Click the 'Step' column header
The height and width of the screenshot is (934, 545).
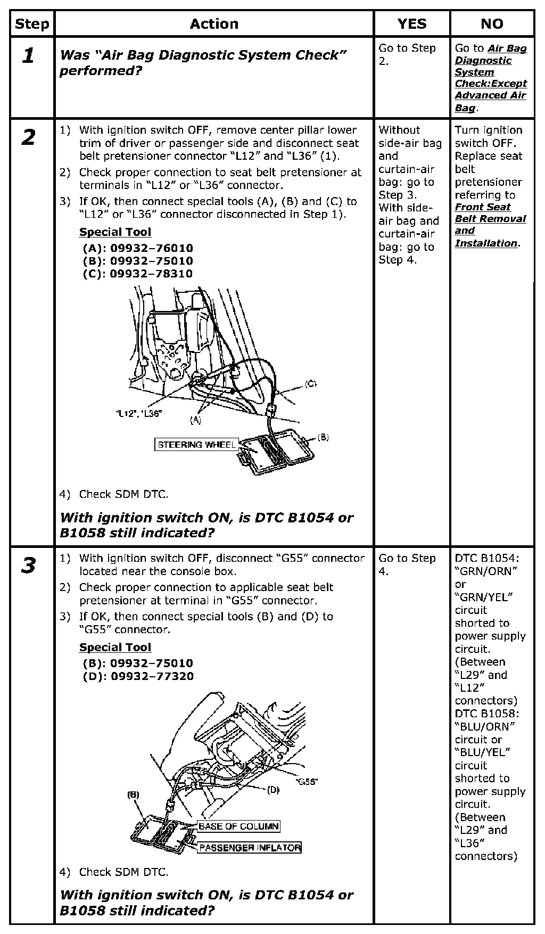[32, 24]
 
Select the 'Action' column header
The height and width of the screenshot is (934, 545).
[214, 24]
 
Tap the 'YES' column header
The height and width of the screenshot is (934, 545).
[412, 24]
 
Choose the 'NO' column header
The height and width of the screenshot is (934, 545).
[492, 24]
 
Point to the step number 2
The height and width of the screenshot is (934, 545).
[29, 137]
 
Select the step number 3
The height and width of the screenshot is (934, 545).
[29, 566]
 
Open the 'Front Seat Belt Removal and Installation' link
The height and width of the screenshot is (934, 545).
[490, 225]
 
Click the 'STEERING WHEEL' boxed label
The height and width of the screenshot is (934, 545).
[196, 445]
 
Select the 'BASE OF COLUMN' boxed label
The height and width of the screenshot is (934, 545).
[238, 826]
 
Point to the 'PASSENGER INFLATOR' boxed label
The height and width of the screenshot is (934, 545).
[250, 848]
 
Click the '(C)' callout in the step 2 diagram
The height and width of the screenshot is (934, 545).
[311, 384]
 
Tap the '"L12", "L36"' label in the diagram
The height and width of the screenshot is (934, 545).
[138, 413]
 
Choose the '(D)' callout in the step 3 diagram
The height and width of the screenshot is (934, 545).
[273, 790]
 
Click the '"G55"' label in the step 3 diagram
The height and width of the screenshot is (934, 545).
[307, 782]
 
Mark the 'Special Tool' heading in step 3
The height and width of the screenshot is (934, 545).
[115, 648]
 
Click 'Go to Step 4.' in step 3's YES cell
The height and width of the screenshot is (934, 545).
[407, 564]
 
